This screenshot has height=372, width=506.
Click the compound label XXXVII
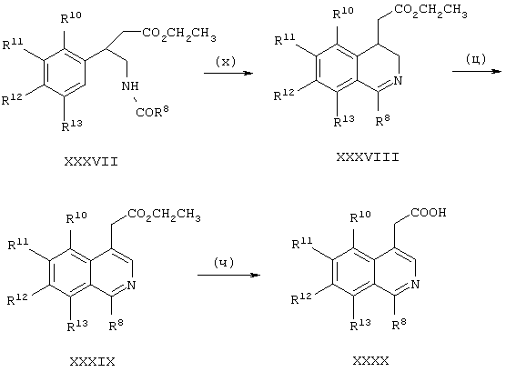91,161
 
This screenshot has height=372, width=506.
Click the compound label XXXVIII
368,157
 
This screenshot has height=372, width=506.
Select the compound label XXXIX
92,362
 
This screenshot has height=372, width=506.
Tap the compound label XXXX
370,360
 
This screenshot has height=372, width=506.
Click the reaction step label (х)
226,61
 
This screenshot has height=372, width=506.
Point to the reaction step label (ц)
476,59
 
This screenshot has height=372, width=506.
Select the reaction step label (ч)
224,263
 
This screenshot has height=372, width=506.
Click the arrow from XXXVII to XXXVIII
228,74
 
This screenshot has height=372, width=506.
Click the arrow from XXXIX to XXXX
228,276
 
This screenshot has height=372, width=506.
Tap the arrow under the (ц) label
477,71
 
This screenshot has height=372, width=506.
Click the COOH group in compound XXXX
429,213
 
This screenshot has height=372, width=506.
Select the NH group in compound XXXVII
130,86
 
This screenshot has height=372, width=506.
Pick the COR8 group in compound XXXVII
152,111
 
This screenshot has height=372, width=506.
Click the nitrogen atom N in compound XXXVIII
399,80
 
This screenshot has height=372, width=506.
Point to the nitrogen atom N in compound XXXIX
131,286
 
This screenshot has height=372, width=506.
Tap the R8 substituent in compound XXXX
400,324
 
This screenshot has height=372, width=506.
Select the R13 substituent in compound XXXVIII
344,121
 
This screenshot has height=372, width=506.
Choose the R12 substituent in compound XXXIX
18,298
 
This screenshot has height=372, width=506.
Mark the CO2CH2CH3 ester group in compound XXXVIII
430,11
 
